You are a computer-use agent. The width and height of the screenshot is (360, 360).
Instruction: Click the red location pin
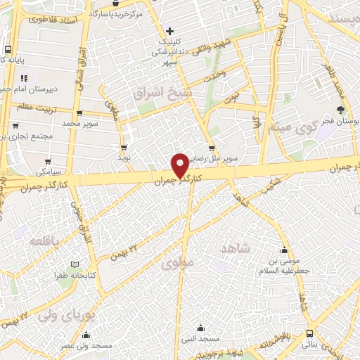180,165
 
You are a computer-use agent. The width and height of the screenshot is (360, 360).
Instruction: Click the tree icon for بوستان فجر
340,110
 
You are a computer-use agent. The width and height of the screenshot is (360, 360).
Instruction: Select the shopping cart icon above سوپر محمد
79,112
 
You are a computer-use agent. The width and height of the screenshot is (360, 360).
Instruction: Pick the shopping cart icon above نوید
124,148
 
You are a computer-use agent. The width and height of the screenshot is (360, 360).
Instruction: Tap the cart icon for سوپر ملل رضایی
212,148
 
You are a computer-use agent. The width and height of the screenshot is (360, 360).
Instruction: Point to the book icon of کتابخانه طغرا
74,265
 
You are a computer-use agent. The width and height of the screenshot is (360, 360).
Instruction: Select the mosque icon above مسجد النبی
200,327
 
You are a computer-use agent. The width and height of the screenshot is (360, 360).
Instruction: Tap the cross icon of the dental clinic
169,31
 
